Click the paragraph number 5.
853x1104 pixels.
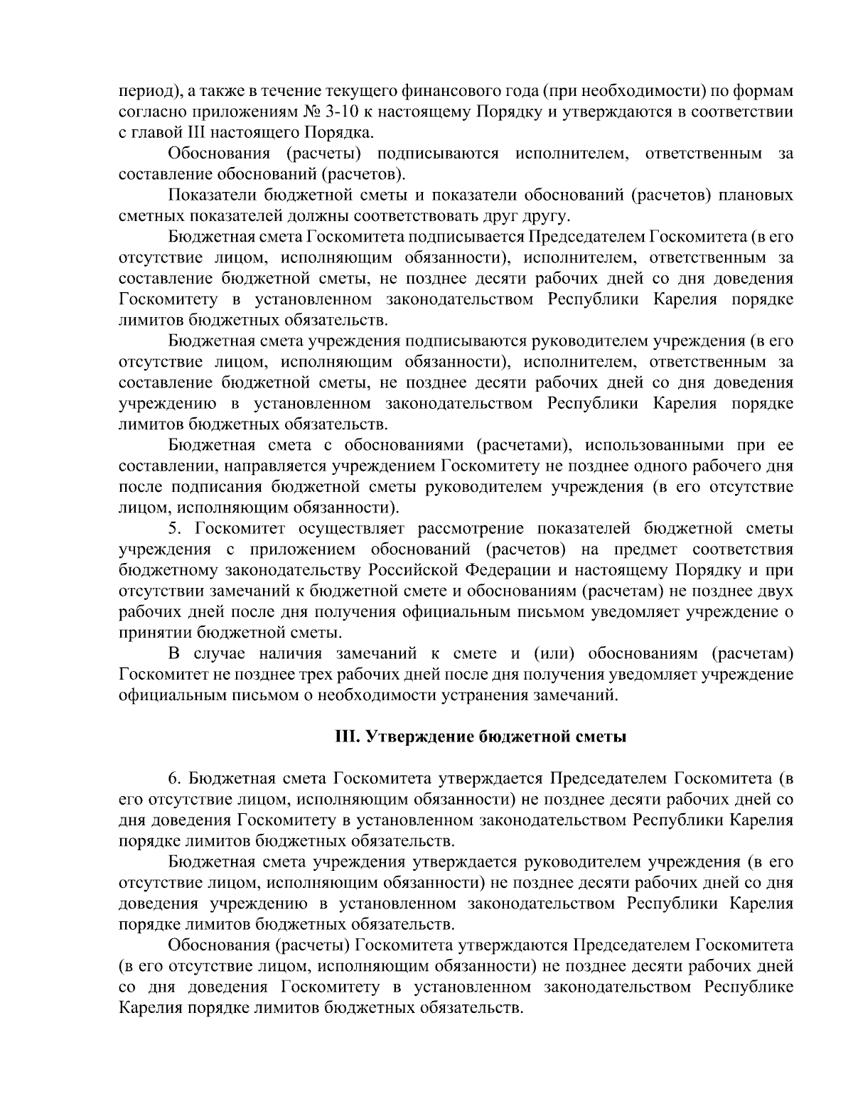(x=173, y=528)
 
